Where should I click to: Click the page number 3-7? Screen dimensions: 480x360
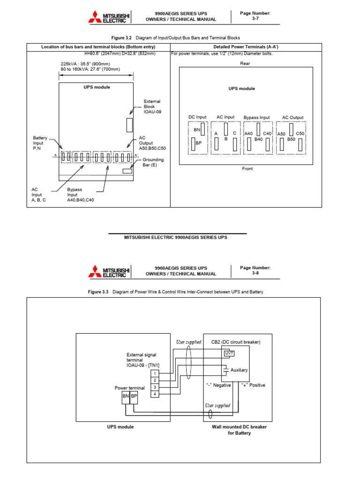(x=255, y=19)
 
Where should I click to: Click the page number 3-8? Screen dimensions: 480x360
(x=255, y=273)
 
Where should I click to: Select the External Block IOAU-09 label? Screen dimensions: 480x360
(x=152, y=106)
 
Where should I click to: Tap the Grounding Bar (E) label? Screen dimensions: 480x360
(x=153, y=162)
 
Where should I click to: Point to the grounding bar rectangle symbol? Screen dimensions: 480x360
(x=127, y=171)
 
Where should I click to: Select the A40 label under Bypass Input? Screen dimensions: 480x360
(x=249, y=134)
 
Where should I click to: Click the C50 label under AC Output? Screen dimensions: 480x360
(x=300, y=134)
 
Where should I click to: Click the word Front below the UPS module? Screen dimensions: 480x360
(x=247, y=169)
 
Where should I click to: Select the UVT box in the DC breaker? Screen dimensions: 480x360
(x=229, y=353)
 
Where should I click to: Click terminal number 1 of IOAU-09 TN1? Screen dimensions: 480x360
(x=155, y=373)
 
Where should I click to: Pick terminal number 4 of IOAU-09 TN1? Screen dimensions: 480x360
(x=155, y=394)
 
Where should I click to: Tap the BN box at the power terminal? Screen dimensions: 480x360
(x=126, y=397)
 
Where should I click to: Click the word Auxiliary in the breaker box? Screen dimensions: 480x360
(x=239, y=370)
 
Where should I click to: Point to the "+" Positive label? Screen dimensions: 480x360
(x=253, y=385)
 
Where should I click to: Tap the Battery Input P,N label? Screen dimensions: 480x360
(x=40, y=142)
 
